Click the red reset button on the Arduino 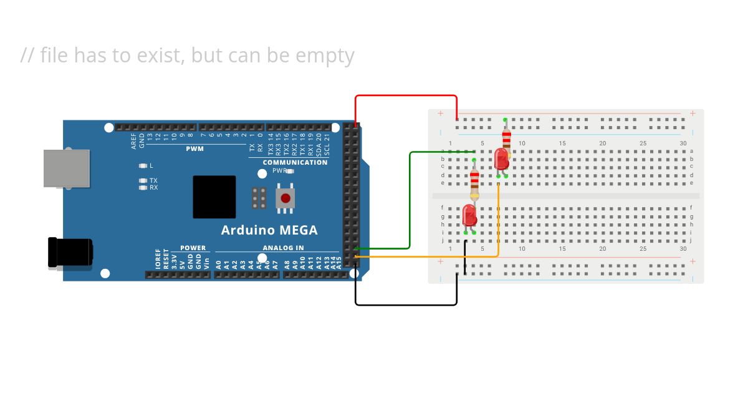[285, 198]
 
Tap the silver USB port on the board [66, 168]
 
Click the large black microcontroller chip [214, 196]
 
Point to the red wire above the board [405, 96]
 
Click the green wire [410, 200]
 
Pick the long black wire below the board [405, 305]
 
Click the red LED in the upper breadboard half [501, 159]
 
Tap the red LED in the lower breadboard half [469, 216]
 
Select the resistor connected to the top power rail [506, 138]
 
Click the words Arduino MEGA [269, 230]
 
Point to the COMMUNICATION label [295, 163]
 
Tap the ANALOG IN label [283, 248]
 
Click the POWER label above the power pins [193, 248]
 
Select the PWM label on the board [194, 149]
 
